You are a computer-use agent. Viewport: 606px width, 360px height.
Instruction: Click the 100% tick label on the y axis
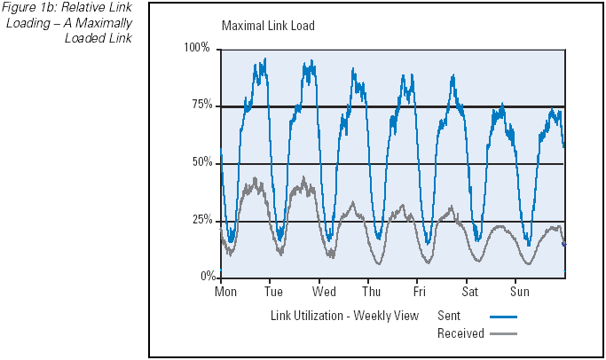[197, 48]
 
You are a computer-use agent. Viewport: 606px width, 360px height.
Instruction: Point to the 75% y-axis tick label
[201, 106]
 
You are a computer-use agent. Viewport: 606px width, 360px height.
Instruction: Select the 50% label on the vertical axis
[201, 163]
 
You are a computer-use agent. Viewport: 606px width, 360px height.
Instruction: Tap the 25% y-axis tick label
[201, 221]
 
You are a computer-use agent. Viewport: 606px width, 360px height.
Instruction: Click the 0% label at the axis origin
[205, 277]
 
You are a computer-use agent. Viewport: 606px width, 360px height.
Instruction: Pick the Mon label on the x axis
[227, 292]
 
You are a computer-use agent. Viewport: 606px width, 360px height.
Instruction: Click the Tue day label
[273, 292]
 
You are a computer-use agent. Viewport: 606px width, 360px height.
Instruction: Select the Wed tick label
[324, 292]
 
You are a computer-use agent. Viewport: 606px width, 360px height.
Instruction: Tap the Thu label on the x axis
[372, 292]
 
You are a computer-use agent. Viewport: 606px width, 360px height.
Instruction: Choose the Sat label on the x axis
[469, 292]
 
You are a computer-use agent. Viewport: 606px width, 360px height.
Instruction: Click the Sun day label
[519, 292]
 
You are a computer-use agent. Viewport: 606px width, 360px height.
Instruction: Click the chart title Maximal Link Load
[267, 26]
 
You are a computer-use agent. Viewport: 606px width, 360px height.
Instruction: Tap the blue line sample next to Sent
[501, 317]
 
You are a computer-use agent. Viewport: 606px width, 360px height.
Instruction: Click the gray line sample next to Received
[501, 334]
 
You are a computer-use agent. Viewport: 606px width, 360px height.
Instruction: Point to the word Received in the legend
[460, 334]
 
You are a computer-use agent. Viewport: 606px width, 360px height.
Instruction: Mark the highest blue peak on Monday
[264, 60]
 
